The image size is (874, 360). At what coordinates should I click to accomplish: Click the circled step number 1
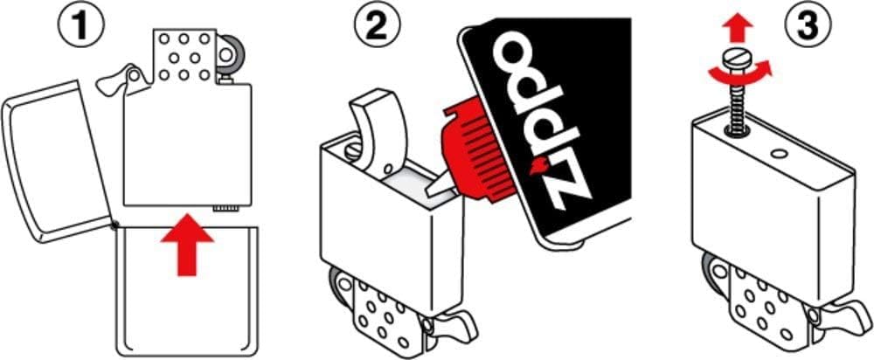(82, 26)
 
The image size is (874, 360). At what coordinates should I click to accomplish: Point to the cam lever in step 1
(118, 80)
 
